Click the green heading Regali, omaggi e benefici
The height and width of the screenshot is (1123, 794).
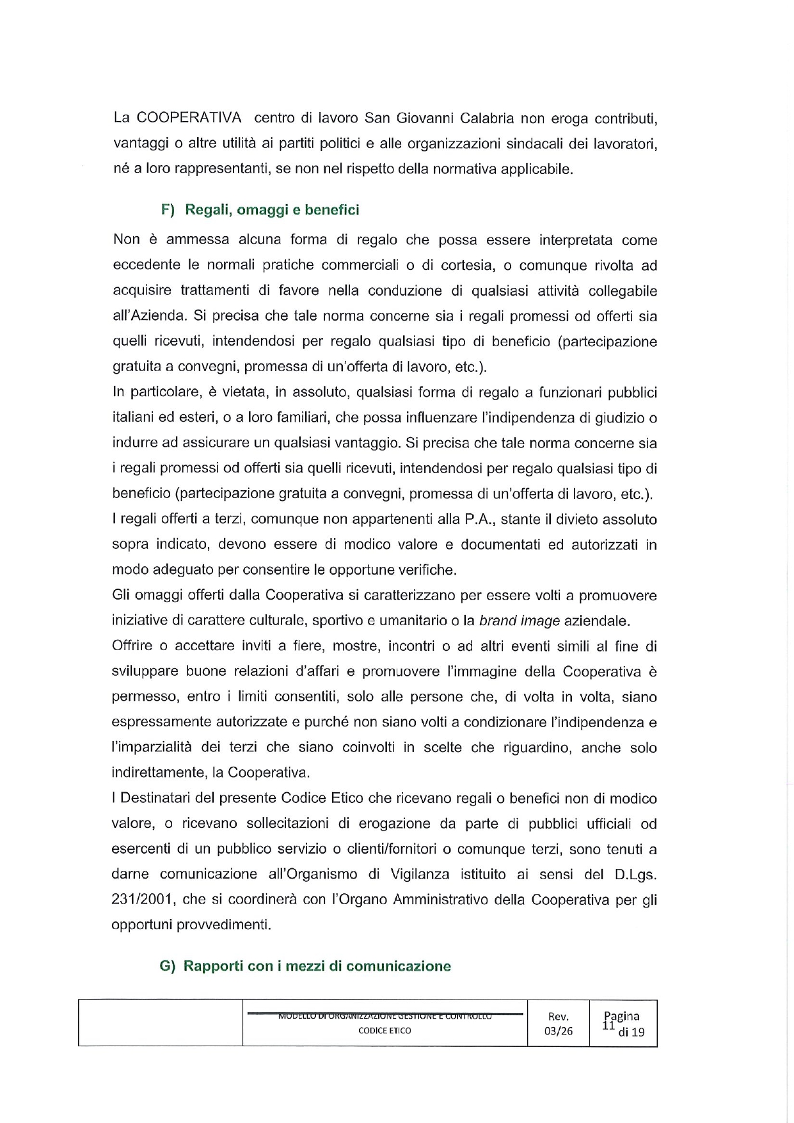point(272,210)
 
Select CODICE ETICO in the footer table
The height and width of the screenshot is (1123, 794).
point(385,1031)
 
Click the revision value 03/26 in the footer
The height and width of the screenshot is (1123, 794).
point(558,1031)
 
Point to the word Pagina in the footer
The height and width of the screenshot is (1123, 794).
point(623,1016)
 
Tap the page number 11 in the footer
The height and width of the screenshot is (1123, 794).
point(608,1026)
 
